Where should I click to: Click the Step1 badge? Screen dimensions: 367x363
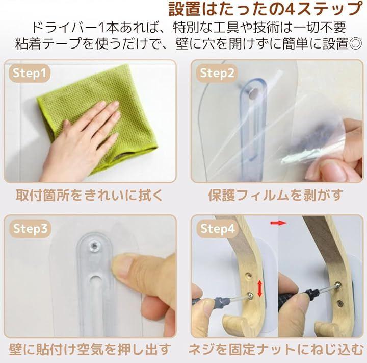[30, 73]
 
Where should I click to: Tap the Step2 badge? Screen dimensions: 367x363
[217, 73]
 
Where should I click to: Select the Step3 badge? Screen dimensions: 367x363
[30, 228]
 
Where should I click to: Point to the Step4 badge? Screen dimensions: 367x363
[218, 228]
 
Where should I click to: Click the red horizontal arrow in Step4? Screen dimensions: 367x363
[278, 223]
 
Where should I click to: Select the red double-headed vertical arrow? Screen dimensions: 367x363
[259, 288]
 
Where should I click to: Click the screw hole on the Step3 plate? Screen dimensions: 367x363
[94, 246]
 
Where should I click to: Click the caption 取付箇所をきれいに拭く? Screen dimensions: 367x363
[89, 196]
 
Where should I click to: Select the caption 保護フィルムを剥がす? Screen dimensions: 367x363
[276, 196]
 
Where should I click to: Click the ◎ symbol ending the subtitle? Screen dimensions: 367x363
[356, 43]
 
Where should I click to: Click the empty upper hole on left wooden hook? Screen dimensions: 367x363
[249, 275]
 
